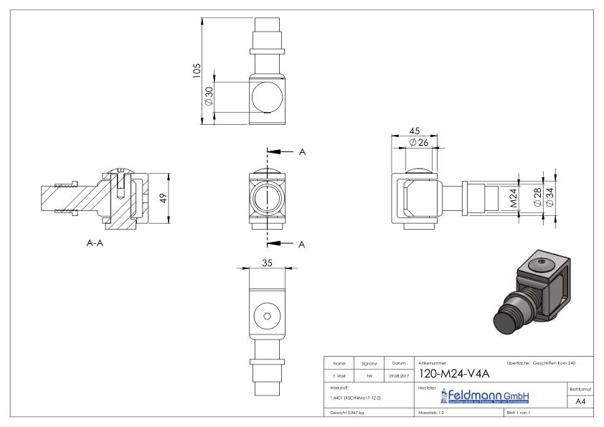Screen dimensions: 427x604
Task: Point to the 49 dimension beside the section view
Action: (x=164, y=198)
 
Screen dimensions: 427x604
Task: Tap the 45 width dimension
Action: (x=414, y=131)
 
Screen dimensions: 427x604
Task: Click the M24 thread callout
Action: (x=514, y=196)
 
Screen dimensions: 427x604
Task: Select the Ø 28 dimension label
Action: (x=537, y=196)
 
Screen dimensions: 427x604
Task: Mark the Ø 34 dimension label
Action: (x=549, y=196)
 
